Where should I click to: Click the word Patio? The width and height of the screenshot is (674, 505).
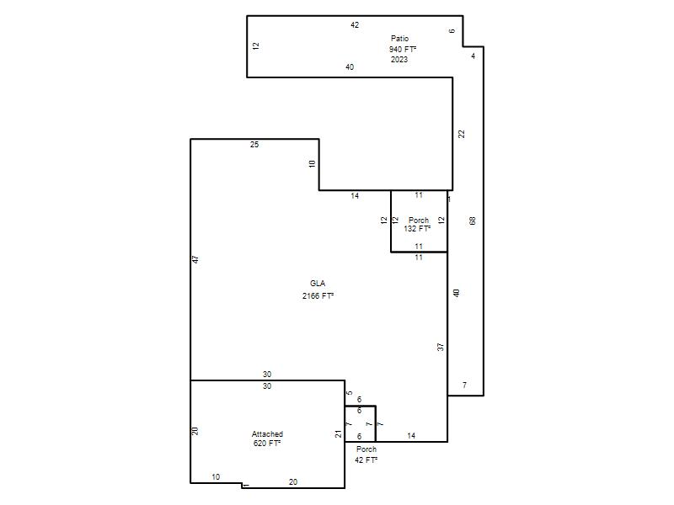click(399, 38)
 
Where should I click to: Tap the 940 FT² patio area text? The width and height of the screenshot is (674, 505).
click(403, 49)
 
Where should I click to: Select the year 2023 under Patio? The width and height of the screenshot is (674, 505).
click(399, 59)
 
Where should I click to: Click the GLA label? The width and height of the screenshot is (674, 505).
click(318, 284)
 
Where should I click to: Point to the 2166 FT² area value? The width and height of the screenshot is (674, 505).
click(318, 296)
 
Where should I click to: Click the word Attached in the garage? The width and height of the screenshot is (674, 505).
click(267, 433)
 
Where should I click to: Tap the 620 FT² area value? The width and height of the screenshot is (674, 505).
click(267, 444)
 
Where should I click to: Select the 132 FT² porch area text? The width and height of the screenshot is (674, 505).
click(417, 229)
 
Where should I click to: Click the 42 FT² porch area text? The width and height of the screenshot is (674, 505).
click(366, 460)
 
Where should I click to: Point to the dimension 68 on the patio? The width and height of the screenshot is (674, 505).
click(473, 221)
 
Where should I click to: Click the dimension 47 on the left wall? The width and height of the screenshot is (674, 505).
click(195, 259)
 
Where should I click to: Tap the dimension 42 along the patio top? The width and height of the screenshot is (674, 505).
click(355, 25)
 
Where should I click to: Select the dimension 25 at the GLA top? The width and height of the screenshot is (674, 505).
click(254, 144)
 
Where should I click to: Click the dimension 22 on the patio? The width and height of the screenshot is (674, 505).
click(462, 134)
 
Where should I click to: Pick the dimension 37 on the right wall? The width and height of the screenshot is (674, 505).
click(440, 347)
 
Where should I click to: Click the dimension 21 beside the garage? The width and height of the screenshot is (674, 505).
click(339, 433)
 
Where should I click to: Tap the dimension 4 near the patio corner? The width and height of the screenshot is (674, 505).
click(473, 56)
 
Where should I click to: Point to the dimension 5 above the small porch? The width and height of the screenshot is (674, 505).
click(350, 392)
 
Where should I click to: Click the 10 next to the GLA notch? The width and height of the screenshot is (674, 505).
click(312, 163)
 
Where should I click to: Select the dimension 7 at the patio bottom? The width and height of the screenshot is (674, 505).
click(465, 385)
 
